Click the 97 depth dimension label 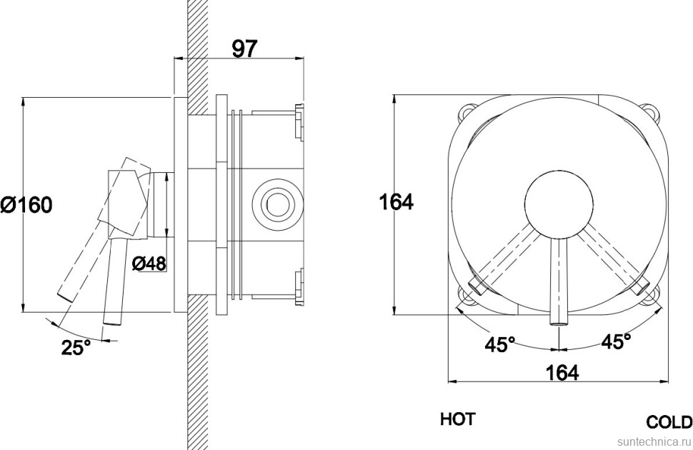(x=244, y=48)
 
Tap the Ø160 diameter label (x=26, y=206)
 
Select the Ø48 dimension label (x=149, y=264)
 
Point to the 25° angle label (x=76, y=348)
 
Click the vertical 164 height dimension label (x=396, y=203)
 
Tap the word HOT (x=457, y=419)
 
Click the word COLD (x=669, y=421)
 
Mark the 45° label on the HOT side (x=500, y=344)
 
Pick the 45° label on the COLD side (x=616, y=341)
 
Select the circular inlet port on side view (x=276, y=204)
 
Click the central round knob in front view (x=559, y=206)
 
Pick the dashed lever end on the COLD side (x=641, y=286)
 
